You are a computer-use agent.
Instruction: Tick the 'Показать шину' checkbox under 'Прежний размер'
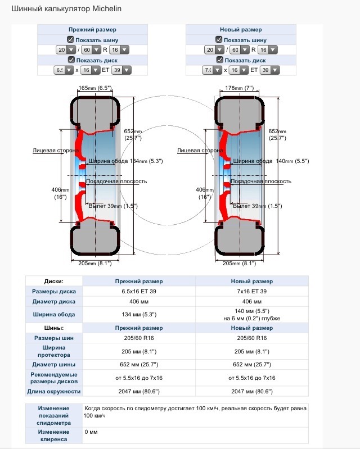tap(71, 39)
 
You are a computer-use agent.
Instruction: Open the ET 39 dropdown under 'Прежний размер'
tap(121, 70)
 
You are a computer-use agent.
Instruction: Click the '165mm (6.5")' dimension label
tap(96, 88)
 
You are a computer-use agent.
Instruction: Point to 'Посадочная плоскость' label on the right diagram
tap(262, 181)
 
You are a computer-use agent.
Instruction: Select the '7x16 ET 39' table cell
tap(252, 292)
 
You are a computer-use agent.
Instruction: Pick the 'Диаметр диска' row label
tap(54, 302)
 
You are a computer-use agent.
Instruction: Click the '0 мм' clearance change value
tap(91, 432)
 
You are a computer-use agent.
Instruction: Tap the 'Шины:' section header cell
tap(54, 328)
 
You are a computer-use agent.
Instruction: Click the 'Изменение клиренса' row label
tap(54, 435)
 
